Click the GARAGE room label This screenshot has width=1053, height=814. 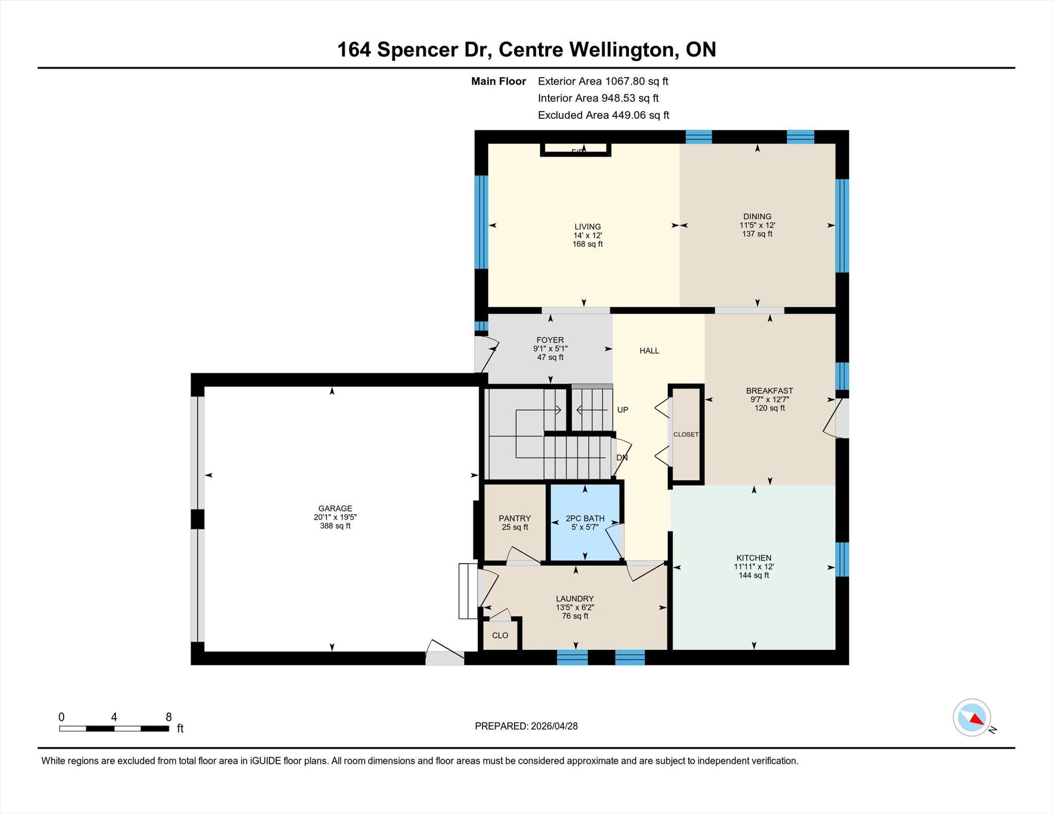[x=335, y=509]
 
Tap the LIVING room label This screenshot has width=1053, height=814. [x=588, y=227]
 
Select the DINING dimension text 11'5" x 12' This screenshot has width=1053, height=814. [x=757, y=225]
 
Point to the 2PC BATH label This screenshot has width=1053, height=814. [x=585, y=518]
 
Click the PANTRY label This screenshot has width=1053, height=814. [x=515, y=518]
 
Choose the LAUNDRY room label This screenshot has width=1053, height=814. [x=575, y=599]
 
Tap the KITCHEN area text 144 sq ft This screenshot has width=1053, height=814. [x=754, y=575]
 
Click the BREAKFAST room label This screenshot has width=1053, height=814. [x=770, y=391]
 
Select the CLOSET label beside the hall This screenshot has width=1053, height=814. [x=686, y=435]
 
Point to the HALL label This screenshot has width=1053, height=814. [x=649, y=351]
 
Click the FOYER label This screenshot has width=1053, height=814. [x=550, y=340]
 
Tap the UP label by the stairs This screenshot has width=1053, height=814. [x=623, y=410]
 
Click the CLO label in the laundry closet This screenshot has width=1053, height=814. [x=500, y=635]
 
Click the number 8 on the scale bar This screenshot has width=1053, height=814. [x=169, y=717]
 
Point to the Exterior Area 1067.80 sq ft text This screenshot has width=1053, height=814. [x=603, y=81]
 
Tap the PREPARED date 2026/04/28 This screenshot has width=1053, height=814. [x=554, y=726]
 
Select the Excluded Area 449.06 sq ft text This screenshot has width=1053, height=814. [x=604, y=115]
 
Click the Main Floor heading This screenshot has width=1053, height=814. [x=499, y=81]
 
